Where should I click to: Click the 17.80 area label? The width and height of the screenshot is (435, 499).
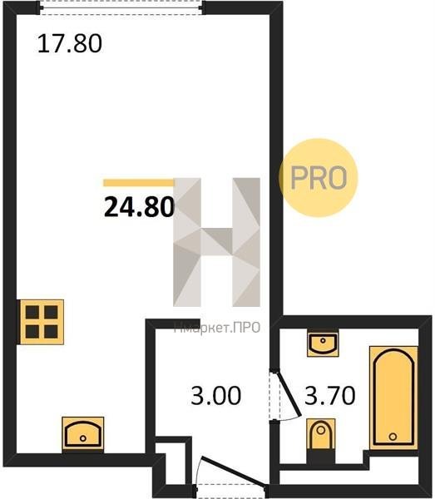70,43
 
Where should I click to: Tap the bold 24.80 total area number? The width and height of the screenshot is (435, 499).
140,207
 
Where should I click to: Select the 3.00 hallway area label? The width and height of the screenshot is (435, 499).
216,396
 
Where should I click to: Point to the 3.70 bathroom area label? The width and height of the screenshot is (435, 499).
330,396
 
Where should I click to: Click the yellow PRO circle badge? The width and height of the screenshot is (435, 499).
319,178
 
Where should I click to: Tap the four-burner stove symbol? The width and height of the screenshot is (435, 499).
42,322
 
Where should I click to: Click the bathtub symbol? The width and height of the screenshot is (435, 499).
393,398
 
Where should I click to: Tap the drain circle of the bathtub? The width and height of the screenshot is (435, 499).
393,437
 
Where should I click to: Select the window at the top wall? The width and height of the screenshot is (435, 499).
121,7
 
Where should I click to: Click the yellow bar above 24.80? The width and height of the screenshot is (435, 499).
139,183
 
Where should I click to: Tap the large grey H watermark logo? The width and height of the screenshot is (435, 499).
216,242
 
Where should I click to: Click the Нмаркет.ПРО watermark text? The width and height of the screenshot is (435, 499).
217,328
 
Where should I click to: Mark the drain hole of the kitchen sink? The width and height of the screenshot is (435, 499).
83,438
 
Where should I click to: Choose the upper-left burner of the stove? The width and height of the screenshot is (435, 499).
32,312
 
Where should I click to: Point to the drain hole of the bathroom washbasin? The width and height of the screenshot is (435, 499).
323,340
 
